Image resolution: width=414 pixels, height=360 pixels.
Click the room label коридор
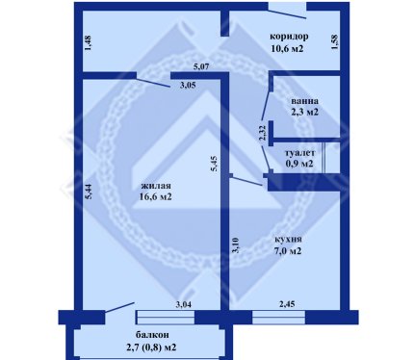point(289,37)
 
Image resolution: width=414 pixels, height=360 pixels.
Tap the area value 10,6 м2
point(287,49)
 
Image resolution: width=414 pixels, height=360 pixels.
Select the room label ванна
point(304,101)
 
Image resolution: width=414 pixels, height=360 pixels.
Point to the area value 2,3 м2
point(304,113)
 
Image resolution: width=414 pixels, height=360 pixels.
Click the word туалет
point(299,153)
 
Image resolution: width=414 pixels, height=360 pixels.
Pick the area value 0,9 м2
point(299,164)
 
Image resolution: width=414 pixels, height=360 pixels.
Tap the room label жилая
point(156,186)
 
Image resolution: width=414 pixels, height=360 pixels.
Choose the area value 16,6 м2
point(155,196)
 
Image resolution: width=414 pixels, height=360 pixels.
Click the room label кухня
point(288,240)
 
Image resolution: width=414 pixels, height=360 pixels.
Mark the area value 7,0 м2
point(288,250)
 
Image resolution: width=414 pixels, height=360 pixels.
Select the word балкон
point(152,335)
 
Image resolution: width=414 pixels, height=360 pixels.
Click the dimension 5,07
point(201,67)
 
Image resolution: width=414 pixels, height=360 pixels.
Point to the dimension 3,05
point(188,86)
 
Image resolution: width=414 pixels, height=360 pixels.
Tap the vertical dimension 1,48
point(88,42)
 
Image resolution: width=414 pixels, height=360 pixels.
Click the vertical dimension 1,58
point(334,41)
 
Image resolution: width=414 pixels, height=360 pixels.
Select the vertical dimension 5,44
point(89,193)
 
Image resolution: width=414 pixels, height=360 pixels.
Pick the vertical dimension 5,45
point(214,163)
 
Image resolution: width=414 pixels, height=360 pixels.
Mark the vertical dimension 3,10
point(237,245)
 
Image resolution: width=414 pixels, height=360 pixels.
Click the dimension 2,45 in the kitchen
point(287,304)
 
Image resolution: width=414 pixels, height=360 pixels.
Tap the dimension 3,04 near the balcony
point(183,304)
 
